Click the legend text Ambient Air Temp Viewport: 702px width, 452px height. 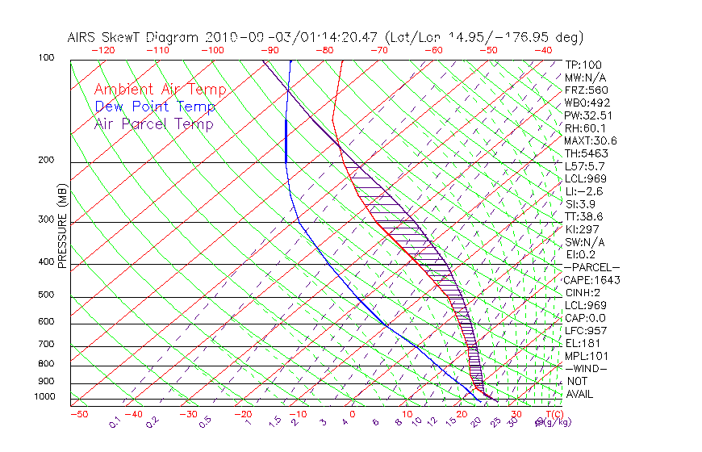(x=160, y=90)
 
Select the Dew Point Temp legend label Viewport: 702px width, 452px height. (x=155, y=107)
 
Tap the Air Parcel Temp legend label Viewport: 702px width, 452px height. (x=153, y=123)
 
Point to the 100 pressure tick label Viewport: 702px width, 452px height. (x=46, y=58)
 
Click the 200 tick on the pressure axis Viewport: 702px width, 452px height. (x=46, y=161)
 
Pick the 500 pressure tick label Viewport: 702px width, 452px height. (x=46, y=295)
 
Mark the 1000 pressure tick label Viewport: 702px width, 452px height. (x=44, y=396)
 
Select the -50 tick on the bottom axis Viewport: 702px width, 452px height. (x=78, y=414)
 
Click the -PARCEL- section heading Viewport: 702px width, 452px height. (x=591, y=267)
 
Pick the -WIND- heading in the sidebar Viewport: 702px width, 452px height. (x=586, y=368)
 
